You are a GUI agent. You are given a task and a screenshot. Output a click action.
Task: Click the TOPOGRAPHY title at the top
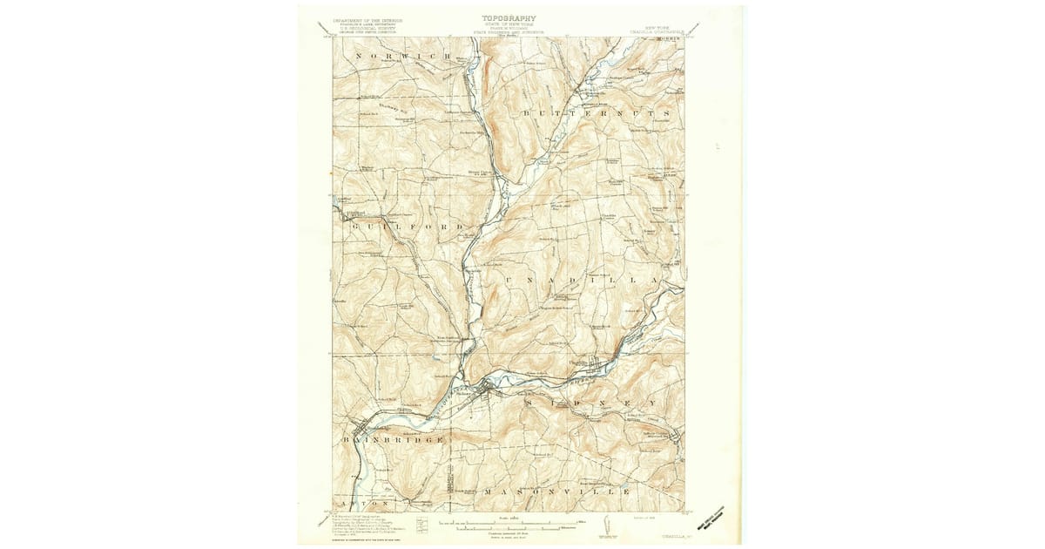coord(509,17)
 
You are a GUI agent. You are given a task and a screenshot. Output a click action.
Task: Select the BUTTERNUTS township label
coord(596,114)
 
